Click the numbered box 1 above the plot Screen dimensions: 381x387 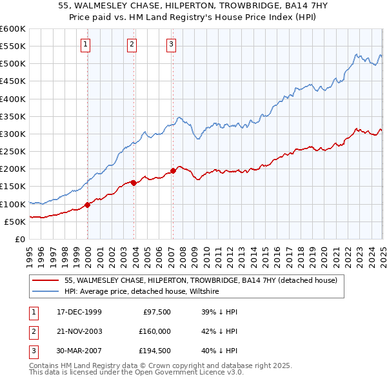(x=86, y=45)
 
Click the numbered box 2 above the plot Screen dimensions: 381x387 (x=132, y=45)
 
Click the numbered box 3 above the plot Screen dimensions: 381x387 (x=171, y=45)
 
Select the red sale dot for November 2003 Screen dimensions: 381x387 (x=134, y=183)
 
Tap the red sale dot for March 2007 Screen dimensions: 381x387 (x=173, y=171)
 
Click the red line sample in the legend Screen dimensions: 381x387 (x=46, y=281)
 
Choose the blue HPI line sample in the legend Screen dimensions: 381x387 (x=46, y=292)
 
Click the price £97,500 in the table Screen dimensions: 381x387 (x=157, y=312)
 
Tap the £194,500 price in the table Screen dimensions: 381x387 (x=154, y=351)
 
